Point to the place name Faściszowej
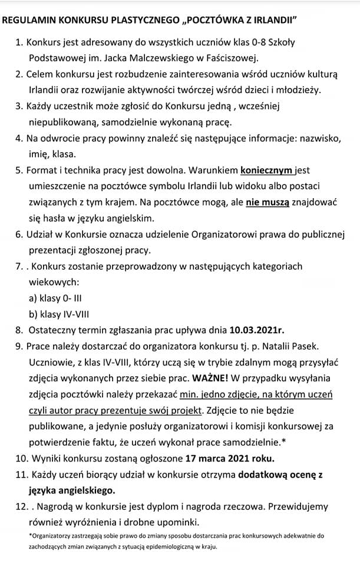233,58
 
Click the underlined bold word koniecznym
267,170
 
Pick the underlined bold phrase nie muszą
267,202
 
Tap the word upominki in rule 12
181,521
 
